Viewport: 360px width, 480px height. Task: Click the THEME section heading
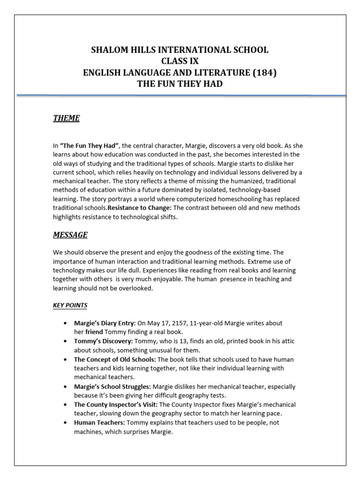coord(66,118)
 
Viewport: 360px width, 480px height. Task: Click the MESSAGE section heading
coord(70,234)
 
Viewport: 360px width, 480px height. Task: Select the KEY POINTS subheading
coord(70,305)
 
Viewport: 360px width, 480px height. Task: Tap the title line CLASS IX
coord(180,61)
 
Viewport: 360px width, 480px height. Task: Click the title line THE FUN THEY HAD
coord(180,84)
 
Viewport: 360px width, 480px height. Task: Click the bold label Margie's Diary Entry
coord(105,323)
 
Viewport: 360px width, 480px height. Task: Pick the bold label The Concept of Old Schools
coord(115,360)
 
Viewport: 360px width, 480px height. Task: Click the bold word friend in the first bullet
coord(93,332)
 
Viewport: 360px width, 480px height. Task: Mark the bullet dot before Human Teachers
coord(65,423)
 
